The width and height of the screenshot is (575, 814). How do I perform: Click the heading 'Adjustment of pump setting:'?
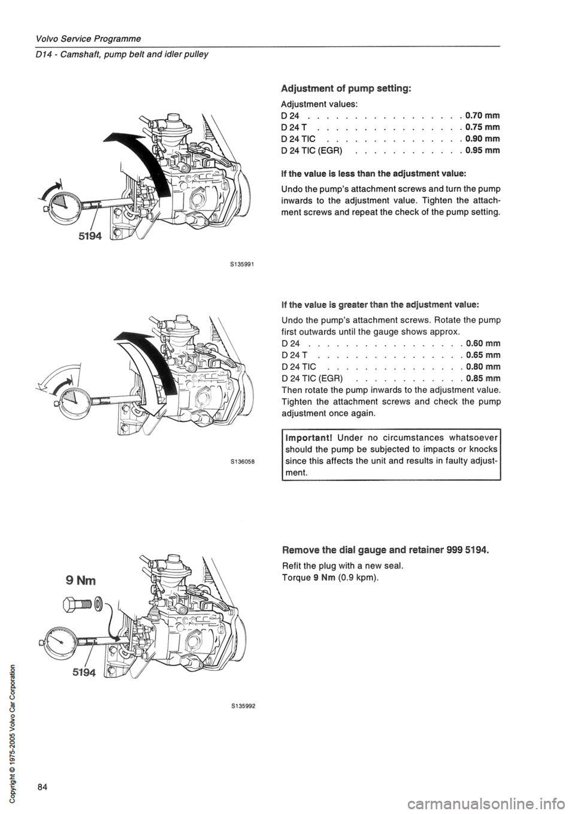[345, 88]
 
